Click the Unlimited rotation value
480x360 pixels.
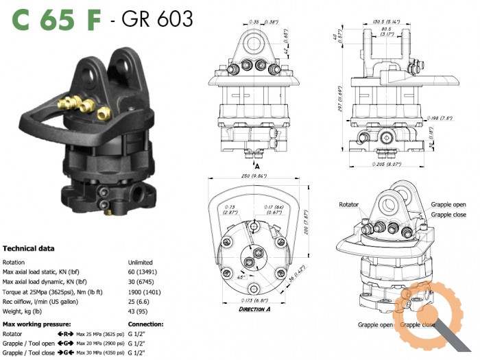pyautogui.click(x=140, y=262)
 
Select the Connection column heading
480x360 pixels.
pyautogui.click(x=145, y=323)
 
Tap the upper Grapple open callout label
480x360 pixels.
pyautogui.click(x=448, y=204)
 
